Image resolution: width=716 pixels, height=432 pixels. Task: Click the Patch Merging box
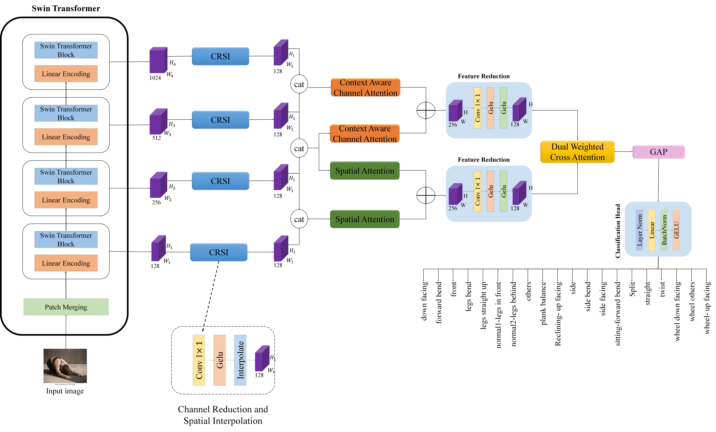click(x=66, y=307)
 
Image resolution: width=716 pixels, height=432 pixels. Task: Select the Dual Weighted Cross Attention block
click(x=577, y=152)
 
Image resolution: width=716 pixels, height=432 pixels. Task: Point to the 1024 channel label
click(x=155, y=78)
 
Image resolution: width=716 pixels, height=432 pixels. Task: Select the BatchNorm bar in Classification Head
click(x=664, y=230)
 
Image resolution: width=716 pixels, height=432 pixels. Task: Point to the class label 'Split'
click(x=632, y=289)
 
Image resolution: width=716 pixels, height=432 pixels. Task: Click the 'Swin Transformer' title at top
click(x=66, y=8)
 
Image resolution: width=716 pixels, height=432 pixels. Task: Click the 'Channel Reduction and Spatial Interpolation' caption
click(x=223, y=415)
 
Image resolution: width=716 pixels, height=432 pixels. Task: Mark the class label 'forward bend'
click(x=438, y=302)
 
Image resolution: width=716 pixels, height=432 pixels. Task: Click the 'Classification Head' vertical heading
click(x=618, y=231)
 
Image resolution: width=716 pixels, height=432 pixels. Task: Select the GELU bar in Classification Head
click(x=676, y=230)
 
